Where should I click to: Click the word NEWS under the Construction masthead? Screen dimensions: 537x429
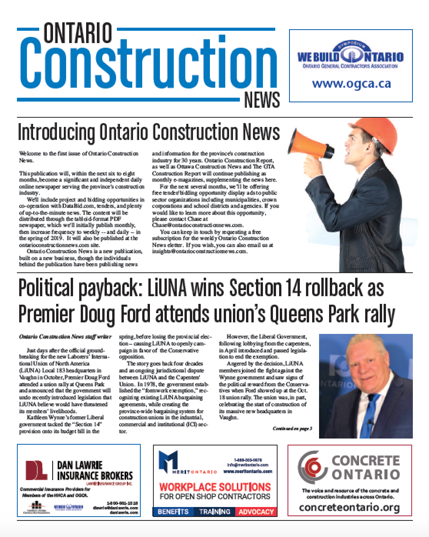[262, 100]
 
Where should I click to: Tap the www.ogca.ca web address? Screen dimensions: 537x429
[351, 83]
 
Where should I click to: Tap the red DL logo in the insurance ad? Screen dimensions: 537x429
[37, 469]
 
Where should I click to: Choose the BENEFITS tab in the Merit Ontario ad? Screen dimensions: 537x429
[173, 512]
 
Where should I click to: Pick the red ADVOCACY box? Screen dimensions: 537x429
[256, 512]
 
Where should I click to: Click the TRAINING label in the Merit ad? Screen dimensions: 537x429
[214, 512]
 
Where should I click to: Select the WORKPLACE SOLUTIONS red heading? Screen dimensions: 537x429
[215, 487]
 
